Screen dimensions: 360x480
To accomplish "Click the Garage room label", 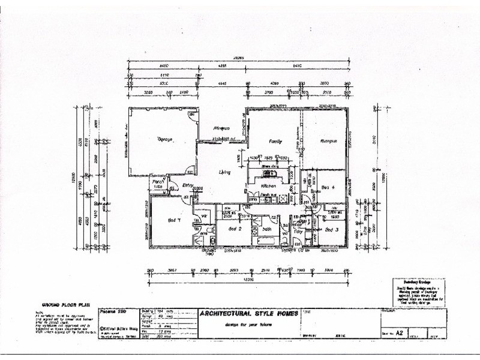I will pyautogui.click(x=165, y=139).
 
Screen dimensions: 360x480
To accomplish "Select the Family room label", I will pyautogui.click(x=275, y=142).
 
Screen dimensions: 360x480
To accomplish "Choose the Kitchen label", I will pyautogui.click(x=268, y=187).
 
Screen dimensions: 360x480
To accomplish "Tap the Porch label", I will pyautogui.click(x=158, y=182).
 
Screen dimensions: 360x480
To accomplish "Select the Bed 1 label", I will pyautogui.click(x=175, y=220).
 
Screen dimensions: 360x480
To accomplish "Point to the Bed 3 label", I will pyautogui.click(x=332, y=230).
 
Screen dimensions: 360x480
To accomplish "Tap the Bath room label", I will pyautogui.click(x=266, y=229).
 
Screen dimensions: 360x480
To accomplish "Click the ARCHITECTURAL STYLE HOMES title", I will pyautogui.click(x=249, y=314).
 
